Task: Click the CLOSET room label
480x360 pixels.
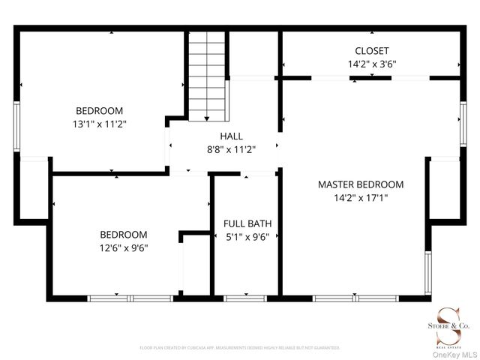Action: click(x=372, y=51)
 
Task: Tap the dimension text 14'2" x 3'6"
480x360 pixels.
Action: click(x=372, y=64)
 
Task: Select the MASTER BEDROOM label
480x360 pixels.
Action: click(x=361, y=184)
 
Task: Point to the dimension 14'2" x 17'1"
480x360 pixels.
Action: click(x=361, y=198)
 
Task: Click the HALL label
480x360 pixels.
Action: click(x=231, y=136)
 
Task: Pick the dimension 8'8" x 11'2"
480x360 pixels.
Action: click(x=231, y=149)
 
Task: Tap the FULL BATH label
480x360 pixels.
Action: click(x=247, y=223)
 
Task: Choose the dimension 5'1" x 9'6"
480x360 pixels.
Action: click(x=247, y=237)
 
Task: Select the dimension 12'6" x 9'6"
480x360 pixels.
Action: click(x=124, y=248)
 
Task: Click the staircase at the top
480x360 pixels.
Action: click(x=206, y=75)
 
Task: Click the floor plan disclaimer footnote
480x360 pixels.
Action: click(x=240, y=348)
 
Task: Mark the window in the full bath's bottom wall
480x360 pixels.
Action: click(x=246, y=298)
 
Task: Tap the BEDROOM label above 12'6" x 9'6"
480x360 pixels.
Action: click(x=124, y=235)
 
